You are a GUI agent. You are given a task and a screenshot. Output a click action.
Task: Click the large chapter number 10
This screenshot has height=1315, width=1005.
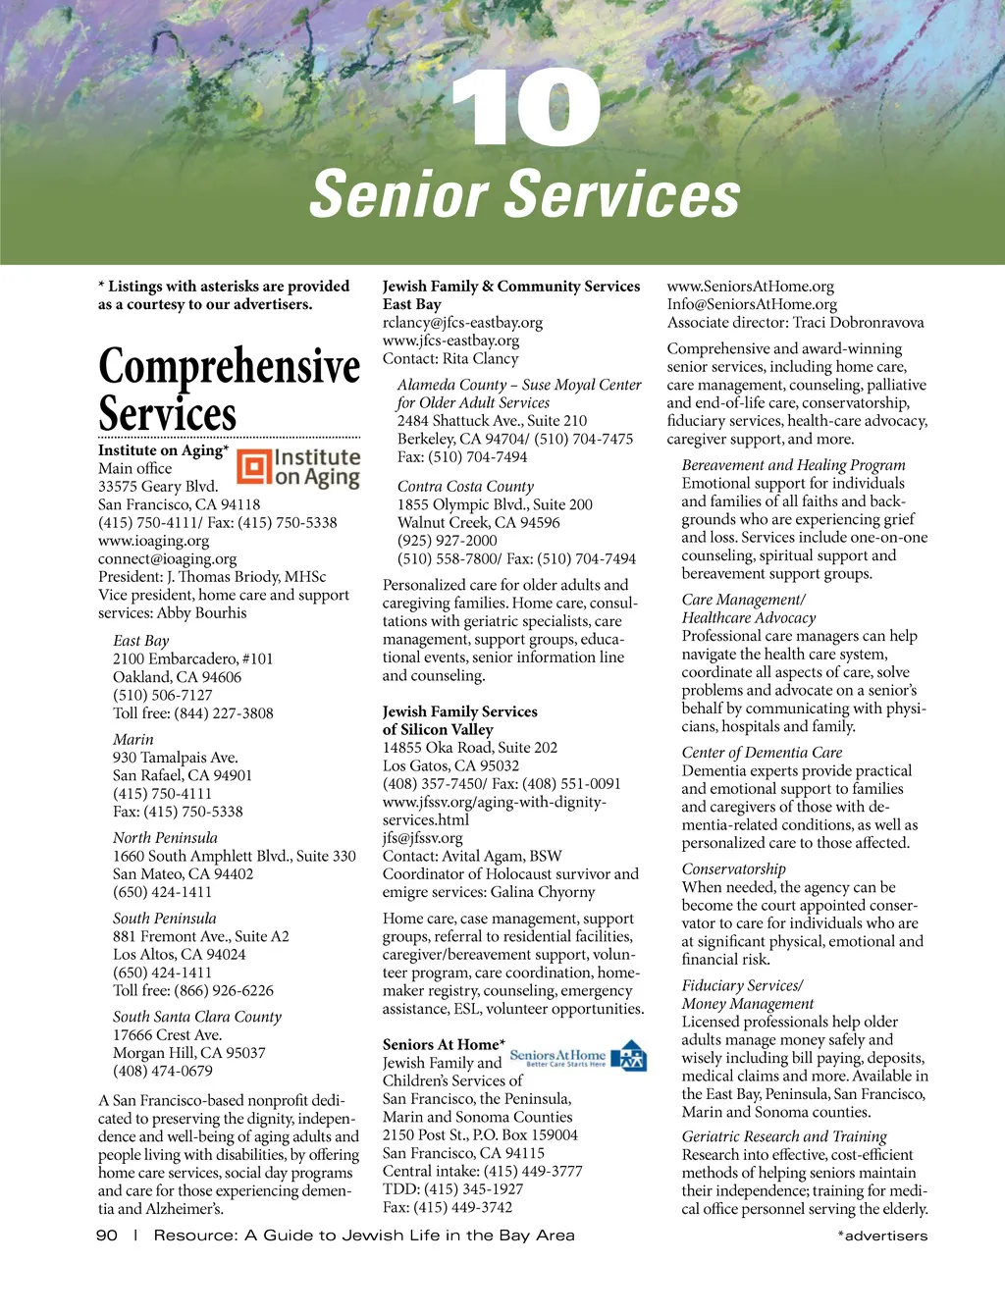tap(525, 109)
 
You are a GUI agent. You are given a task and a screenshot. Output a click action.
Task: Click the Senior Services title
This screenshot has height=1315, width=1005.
tap(525, 193)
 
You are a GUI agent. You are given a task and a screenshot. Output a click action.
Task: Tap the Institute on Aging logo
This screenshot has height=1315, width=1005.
tap(299, 468)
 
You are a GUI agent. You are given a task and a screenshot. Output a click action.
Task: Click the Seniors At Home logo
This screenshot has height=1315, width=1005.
tap(578, 1057)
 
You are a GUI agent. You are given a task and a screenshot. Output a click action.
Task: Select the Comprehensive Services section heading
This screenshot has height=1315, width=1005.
tap(229, 390)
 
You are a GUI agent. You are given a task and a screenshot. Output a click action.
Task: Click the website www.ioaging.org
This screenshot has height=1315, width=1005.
tap(153, 541)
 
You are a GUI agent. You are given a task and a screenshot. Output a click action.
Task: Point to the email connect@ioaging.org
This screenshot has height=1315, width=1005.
tap(167, 558)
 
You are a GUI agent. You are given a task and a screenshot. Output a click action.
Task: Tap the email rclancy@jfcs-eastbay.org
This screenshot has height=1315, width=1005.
tap(462, 323)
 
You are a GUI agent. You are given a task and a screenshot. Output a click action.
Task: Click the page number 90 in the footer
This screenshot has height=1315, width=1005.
tap(107, 1236)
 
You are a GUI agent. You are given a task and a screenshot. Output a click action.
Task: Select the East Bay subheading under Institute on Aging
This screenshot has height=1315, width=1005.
tap(141, 641)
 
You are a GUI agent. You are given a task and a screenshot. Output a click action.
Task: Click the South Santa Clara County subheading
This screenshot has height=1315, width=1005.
tap(197, 1017)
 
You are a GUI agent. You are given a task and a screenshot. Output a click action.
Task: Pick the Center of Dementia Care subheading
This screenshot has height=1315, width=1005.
tap(762, 753)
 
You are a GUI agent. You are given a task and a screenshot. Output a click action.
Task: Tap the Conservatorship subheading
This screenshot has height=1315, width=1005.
tap(734, 868)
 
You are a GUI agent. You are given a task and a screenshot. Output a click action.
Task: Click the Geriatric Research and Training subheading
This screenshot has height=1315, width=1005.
tap(784, 1136)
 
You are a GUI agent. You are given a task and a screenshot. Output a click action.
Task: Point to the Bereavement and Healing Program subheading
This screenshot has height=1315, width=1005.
tap(793, 465)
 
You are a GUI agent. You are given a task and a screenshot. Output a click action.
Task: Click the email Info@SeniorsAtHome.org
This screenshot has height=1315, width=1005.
tap(752, 304)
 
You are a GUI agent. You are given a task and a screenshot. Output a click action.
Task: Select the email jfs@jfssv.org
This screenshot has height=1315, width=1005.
tap(422, 838)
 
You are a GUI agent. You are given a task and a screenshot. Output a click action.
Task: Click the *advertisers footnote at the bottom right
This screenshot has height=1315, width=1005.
tap(882, 1236)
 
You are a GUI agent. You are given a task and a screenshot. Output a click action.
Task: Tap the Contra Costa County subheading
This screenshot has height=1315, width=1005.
tap(465, 486)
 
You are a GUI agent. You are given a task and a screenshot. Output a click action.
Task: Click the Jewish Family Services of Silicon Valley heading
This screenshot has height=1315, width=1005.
tap(459, 720)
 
